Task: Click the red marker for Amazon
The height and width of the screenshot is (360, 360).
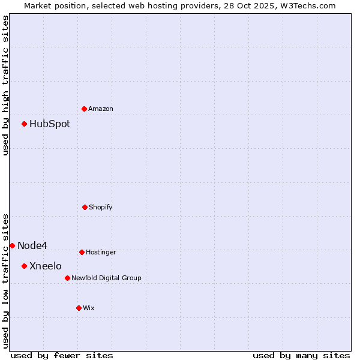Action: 85,109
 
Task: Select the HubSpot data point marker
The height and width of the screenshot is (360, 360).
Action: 25,124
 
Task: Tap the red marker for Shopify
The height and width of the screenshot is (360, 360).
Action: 85,207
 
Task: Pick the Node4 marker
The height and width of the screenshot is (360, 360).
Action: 12,245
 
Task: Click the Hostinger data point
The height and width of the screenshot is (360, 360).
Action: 82,252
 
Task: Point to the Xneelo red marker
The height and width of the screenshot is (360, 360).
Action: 25,266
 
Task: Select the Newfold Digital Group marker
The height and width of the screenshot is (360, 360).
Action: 67,278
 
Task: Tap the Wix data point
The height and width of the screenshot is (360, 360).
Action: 79,308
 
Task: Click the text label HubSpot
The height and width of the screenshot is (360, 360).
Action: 50,124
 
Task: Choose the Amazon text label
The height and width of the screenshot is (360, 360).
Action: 101,109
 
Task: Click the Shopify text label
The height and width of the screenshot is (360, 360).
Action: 101,208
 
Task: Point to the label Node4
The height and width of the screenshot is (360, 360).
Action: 32,245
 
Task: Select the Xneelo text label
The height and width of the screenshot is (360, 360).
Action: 46,266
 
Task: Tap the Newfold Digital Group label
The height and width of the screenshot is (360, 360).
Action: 106,278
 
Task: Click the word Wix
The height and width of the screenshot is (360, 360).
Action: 89,308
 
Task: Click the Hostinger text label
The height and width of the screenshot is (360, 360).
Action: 101,253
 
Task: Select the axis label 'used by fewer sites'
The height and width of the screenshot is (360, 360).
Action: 62,355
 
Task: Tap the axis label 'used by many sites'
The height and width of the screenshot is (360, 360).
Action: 301,355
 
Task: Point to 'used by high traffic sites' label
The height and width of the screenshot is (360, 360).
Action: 5,85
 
